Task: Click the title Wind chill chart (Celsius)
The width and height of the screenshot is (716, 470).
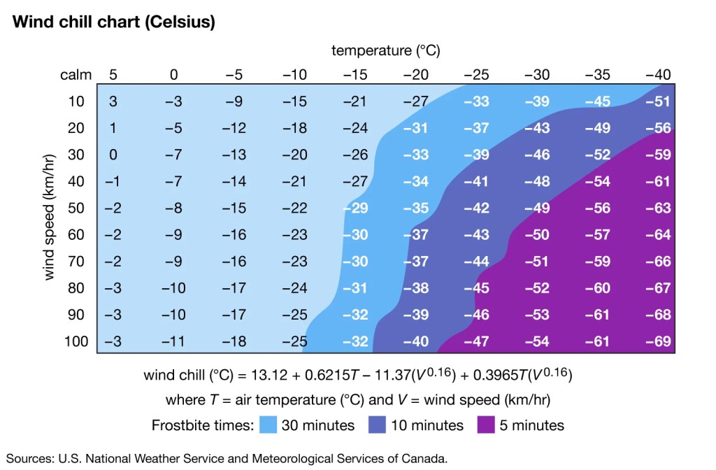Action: tap(113, 22)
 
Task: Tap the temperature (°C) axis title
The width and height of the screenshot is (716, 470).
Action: tap(385, 50)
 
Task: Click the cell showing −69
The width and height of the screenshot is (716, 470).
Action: tap(658, 341)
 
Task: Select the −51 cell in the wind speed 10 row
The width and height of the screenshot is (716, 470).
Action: tap(658, 101)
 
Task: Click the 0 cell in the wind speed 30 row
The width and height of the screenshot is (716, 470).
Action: tap(113, 155)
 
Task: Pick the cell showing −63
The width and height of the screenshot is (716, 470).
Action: tap(658, 208)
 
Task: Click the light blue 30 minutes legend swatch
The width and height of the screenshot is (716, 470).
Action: tap(269, 425)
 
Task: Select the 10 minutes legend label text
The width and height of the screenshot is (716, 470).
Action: tap(427, 425)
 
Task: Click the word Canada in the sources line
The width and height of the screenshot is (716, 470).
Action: tap(423, 459)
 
